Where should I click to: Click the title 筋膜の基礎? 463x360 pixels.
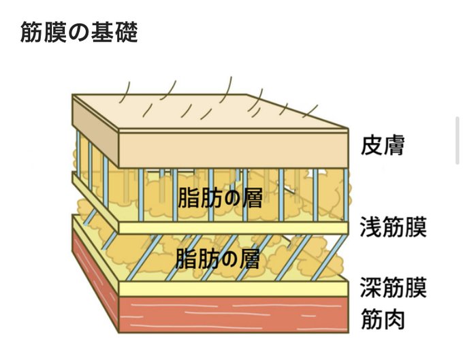click(x=79, y=32)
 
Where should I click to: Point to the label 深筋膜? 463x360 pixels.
click(x=393, y=288)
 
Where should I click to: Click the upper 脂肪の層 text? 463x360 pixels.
click(x=220, y=198)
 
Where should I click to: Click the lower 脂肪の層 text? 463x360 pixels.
click(x=218, y=259)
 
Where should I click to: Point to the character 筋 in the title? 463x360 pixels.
click(x=32, y=32)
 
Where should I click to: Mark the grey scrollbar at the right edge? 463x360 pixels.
click(x=458, y=140)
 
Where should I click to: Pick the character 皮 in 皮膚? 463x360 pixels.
click(x=374, y=145)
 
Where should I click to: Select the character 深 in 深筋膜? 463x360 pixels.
click(x=371, y=288)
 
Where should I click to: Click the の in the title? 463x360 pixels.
click(x=79, y=33)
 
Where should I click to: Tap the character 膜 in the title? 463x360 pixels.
click(x=55, y=32)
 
